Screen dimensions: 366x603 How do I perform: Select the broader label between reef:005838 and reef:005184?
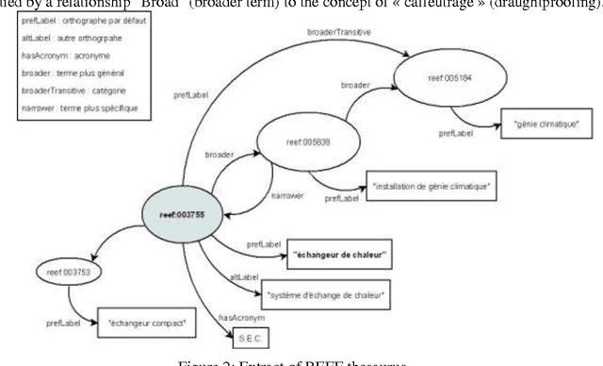[353, 84]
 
